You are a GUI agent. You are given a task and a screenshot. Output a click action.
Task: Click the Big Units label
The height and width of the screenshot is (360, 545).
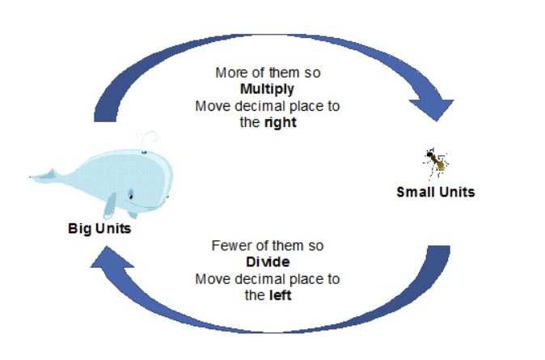pyautogui.click(x=99, y=228)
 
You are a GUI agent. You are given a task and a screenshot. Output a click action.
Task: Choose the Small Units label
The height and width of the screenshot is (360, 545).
pyautogui.click(x=435, y=192)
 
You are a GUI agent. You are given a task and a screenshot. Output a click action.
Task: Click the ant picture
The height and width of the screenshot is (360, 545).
pyautogui.click(x=435, y=162)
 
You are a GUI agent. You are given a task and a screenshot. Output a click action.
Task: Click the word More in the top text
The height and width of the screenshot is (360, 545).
pyautogui.click(x=230, y=72)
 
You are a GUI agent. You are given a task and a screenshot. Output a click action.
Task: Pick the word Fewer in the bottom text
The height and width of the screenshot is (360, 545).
pyautogui.click(x=228, y=245)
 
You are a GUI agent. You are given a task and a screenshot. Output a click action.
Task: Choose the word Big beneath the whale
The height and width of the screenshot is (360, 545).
pyautogui.click(x=78, y=228)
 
